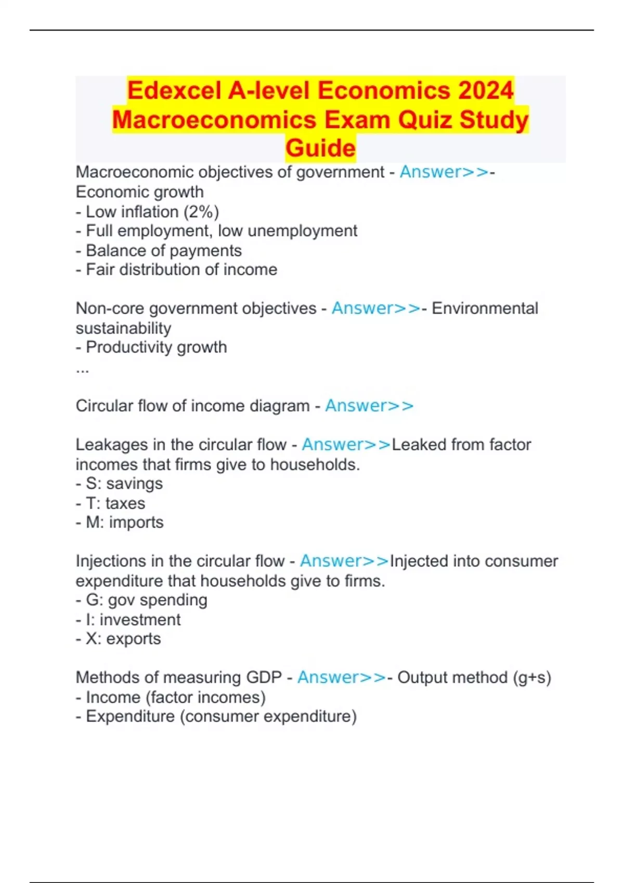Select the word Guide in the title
[x=320, y=148]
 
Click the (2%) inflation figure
[x=201, y=212]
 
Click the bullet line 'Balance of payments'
[x=159, y=250]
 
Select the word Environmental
[x=485, y=308]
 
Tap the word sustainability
[x=123, y=328]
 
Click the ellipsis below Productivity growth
[x=82, y=370]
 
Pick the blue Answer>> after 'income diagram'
[x=369, y=406]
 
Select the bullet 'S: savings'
[x=119, y=484]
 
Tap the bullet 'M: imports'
[x=120, y=522]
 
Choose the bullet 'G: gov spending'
[x=141, y=600]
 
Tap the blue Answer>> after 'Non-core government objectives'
[x=376, y=308]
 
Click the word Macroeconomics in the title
[x=214, y=119]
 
